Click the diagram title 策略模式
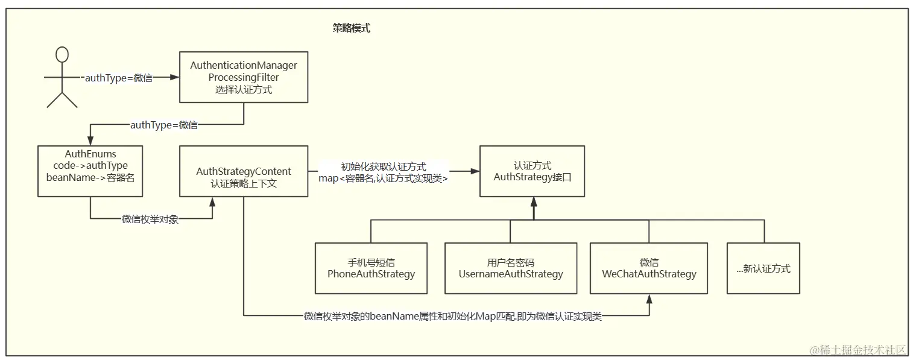click(x=351, y=28)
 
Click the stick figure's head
click(x=62, y=55)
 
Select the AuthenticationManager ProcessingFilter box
click(x=244, y=77)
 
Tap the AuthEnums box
click(x=90, y=171)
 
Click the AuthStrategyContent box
click(x=244, y=171)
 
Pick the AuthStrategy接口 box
click(x=532, y=171)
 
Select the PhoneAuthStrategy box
click(x=371, y=268)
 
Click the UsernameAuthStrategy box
click(x=511, y=268)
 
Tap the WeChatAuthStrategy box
click(x=649, y=268)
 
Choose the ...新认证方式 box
click(x=763, y=268)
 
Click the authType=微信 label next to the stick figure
click(x=118, y=77)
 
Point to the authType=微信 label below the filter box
click(x=164, y=125)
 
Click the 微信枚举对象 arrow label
click(x=150, y=219)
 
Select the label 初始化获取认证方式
click(x=384, y=166)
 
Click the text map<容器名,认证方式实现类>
click(x=384, y=178)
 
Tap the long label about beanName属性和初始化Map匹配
click(x=452, y=316)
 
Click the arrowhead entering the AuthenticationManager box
click(x=175, y=77)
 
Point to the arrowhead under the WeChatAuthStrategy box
click(x=649, y=298)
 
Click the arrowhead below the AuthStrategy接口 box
click(x=533, y=201)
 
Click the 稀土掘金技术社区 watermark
click(x=859, y=350)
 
